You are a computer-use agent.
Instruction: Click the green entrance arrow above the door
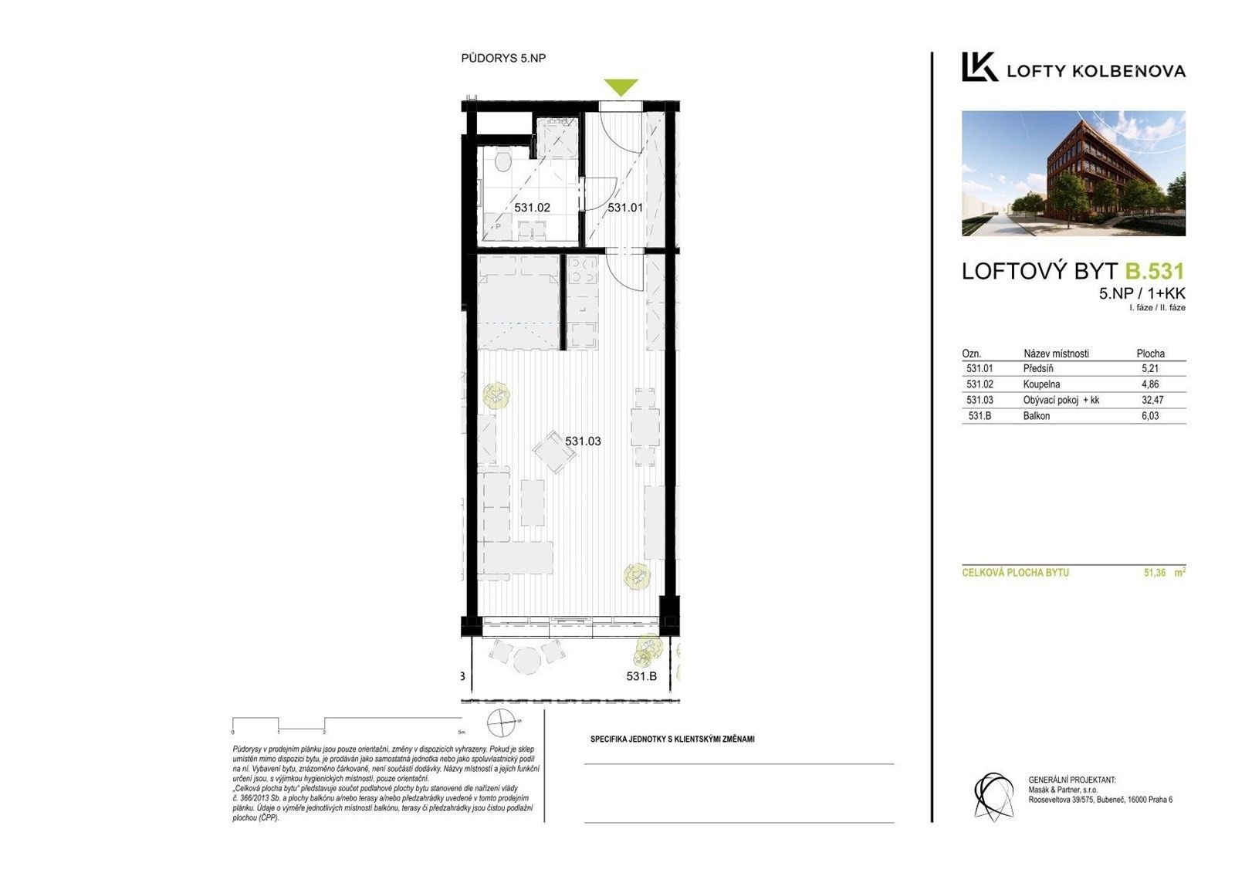621,87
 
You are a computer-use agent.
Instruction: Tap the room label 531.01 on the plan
624,208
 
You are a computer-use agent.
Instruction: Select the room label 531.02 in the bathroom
532,208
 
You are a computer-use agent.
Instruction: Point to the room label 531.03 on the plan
583,442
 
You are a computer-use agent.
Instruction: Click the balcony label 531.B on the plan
641,676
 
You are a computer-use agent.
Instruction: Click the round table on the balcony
528,659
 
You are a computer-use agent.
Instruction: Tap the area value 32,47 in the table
1152,400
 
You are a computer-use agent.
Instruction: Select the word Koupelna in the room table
1041,384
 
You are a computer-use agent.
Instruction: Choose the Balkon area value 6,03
1150,416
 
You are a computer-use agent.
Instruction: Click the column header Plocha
1150,354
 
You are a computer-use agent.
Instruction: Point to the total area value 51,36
1155,573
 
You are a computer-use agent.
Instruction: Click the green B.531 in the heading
1154,271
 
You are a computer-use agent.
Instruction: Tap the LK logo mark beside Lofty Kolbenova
979,67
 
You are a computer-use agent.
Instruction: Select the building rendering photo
1073,174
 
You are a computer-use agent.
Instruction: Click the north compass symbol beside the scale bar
502,724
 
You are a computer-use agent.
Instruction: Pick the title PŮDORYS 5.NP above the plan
503,58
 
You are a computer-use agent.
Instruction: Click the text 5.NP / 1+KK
1142,293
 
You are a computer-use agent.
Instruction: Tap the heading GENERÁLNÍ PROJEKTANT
1071,780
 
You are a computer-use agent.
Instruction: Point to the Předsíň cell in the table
1038,369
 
